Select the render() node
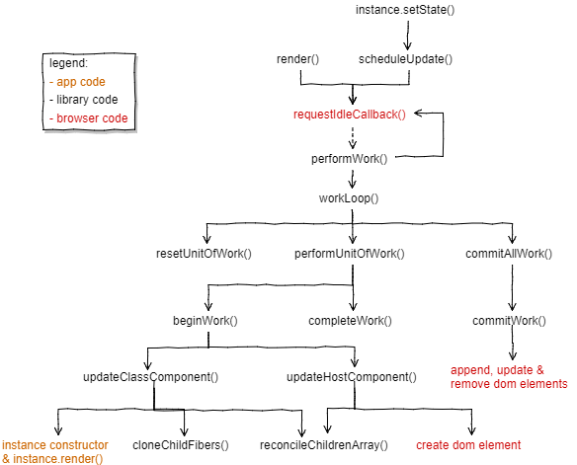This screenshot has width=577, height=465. (x=297, y=60)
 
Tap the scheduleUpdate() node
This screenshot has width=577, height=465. (x=405, y=60)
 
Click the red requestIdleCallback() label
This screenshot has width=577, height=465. (x=350, y=115)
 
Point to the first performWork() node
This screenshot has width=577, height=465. (x=350, y=158)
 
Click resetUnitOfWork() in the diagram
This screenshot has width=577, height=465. (x=205, y=254)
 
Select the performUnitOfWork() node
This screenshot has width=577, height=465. (x=350, y=254)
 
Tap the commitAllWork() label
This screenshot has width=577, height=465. (x=508, y=254)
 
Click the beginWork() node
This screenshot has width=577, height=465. (x=206, y=321)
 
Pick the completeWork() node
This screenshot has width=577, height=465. (x=350, y=321)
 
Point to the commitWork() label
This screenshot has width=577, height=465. (x=509, y=321)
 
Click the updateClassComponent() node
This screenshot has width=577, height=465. (x=150, y=377)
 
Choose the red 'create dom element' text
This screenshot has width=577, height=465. (x=468, y=444)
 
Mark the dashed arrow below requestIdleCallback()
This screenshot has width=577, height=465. (x=353, y=135)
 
